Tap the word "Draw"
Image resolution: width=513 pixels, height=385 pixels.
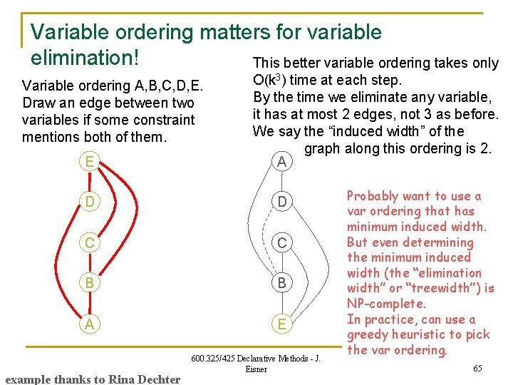[x=39, y=103]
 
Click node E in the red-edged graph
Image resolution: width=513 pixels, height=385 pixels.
[x=88, y=162]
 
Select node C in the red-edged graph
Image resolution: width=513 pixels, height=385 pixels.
[x=88, y=243]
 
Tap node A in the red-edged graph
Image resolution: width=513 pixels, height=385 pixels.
[x=88, y=324]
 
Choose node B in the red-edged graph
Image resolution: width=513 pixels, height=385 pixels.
[x=88, y=284]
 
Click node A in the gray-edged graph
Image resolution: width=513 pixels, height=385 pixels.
[x=281, y=162]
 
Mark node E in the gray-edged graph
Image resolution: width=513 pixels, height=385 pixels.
[x=281, y=324]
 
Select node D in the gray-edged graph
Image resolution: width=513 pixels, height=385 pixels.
[x=281, y=202]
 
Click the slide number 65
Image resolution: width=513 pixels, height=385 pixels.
[x=477, y=368]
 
